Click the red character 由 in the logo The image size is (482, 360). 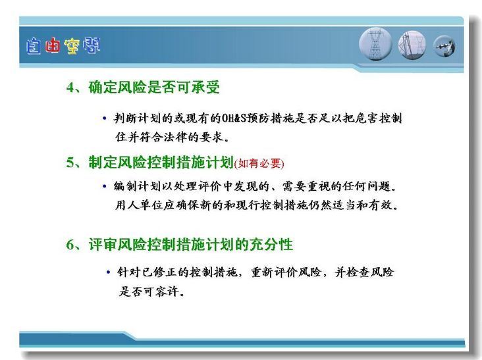point(52,45)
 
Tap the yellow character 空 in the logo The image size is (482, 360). point(72,46)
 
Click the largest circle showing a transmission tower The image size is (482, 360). point(375,44)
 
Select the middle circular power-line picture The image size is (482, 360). point(412,45)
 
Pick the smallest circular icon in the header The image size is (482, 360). point(444,46)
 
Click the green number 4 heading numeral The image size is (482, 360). point(70,88)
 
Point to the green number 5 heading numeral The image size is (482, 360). point(70,163)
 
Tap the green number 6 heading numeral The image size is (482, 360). point(70,245)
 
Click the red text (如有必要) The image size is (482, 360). point(259,163)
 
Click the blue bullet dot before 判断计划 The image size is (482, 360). point(105,118)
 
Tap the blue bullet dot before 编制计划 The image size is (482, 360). point(105,186)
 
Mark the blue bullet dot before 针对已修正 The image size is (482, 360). point(108,272)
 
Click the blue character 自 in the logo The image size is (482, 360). point(33,46)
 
